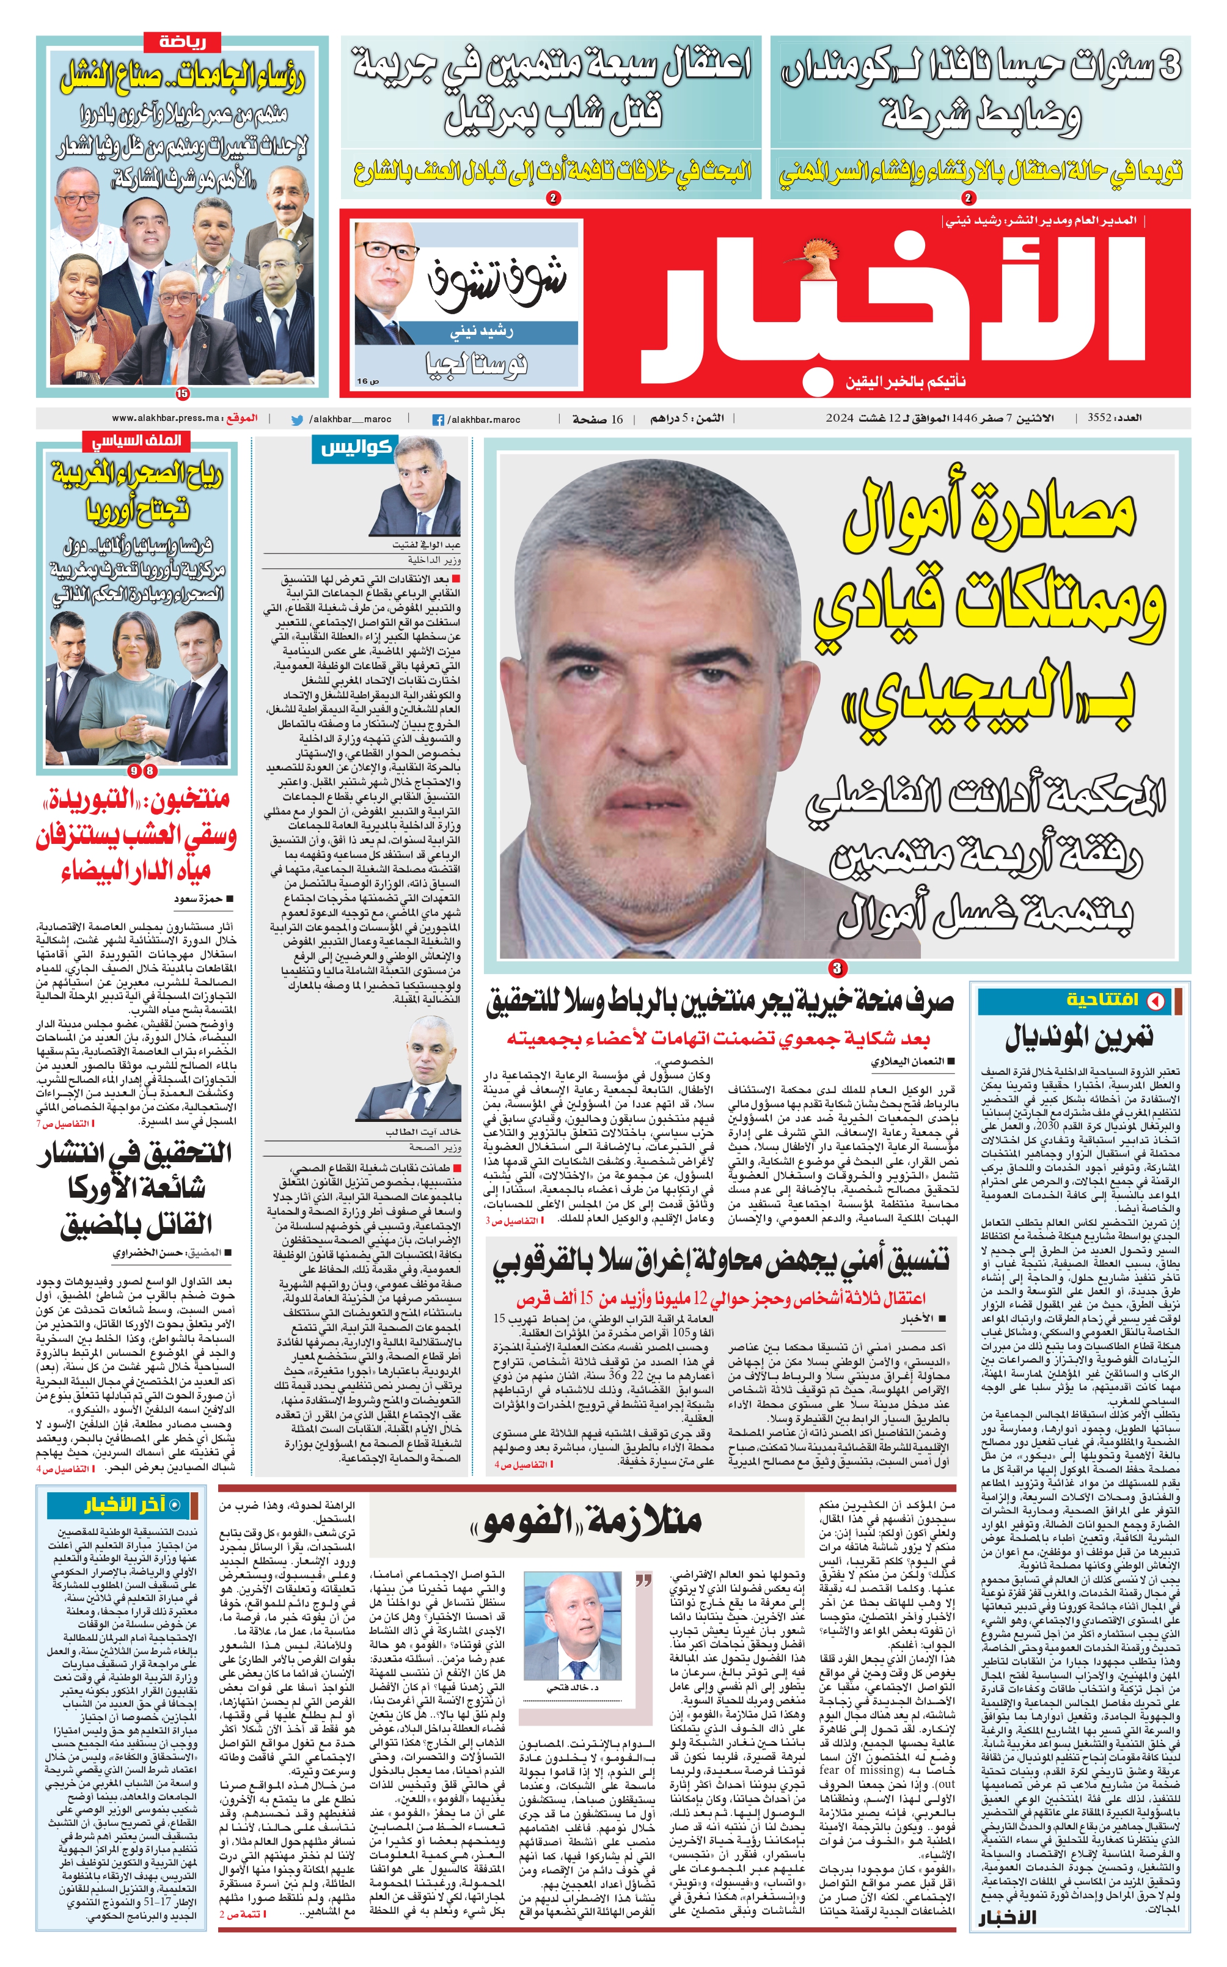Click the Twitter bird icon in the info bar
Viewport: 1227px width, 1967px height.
coord(297,420)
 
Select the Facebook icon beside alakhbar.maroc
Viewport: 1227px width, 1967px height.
coord(438,420)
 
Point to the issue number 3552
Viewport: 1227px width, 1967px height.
coord(1099,418)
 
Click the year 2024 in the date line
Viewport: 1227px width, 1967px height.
coord(841,418)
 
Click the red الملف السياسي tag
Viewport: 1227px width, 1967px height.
coord(136,441)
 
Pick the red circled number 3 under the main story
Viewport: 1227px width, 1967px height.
coord(837,967)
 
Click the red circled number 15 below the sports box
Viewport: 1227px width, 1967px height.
coord(183,394)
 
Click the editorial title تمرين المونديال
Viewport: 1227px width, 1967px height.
coord(1079,1036)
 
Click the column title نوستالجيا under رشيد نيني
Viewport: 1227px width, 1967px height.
coord(477,364)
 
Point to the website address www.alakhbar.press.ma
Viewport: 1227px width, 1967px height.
coord(166,418)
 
